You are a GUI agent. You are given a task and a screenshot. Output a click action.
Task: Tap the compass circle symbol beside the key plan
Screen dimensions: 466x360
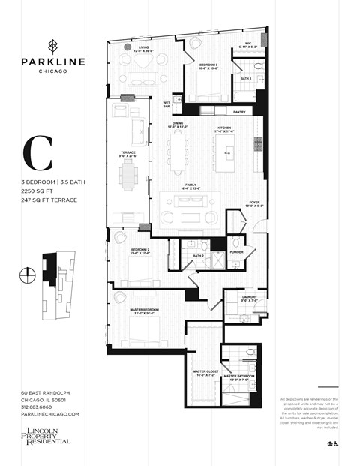[28, 272]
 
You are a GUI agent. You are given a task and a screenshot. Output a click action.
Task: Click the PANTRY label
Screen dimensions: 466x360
[240, 112]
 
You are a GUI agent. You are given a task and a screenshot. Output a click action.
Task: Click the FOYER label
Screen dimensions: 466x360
[255, 201]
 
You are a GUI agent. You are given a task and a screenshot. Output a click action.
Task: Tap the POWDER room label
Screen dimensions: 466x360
[237, 252]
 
